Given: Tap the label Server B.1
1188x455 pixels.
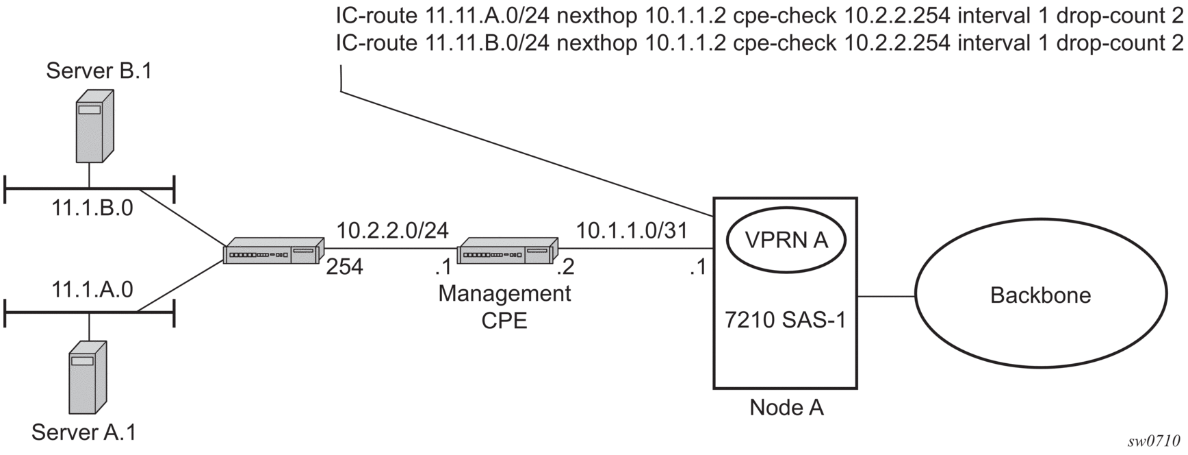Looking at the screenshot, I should (99, 71).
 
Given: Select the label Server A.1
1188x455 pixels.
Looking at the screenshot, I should (83, 432).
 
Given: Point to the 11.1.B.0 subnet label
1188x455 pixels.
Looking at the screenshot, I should (92, 208).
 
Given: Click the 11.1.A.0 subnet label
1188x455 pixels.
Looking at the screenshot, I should (92, 290).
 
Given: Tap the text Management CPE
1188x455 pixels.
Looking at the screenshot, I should (504, 306).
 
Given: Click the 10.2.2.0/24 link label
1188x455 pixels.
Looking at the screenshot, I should (393, 230).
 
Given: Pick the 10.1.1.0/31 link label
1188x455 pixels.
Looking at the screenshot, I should (631, 230).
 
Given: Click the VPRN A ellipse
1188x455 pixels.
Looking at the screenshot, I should (786, 240).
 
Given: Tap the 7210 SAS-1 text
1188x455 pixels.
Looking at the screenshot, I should (786, 320).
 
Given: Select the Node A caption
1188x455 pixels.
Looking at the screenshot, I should (786, 408).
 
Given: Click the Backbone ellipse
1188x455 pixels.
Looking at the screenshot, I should (1040, 295).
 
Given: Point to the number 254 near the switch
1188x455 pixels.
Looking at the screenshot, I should (344, 267).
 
